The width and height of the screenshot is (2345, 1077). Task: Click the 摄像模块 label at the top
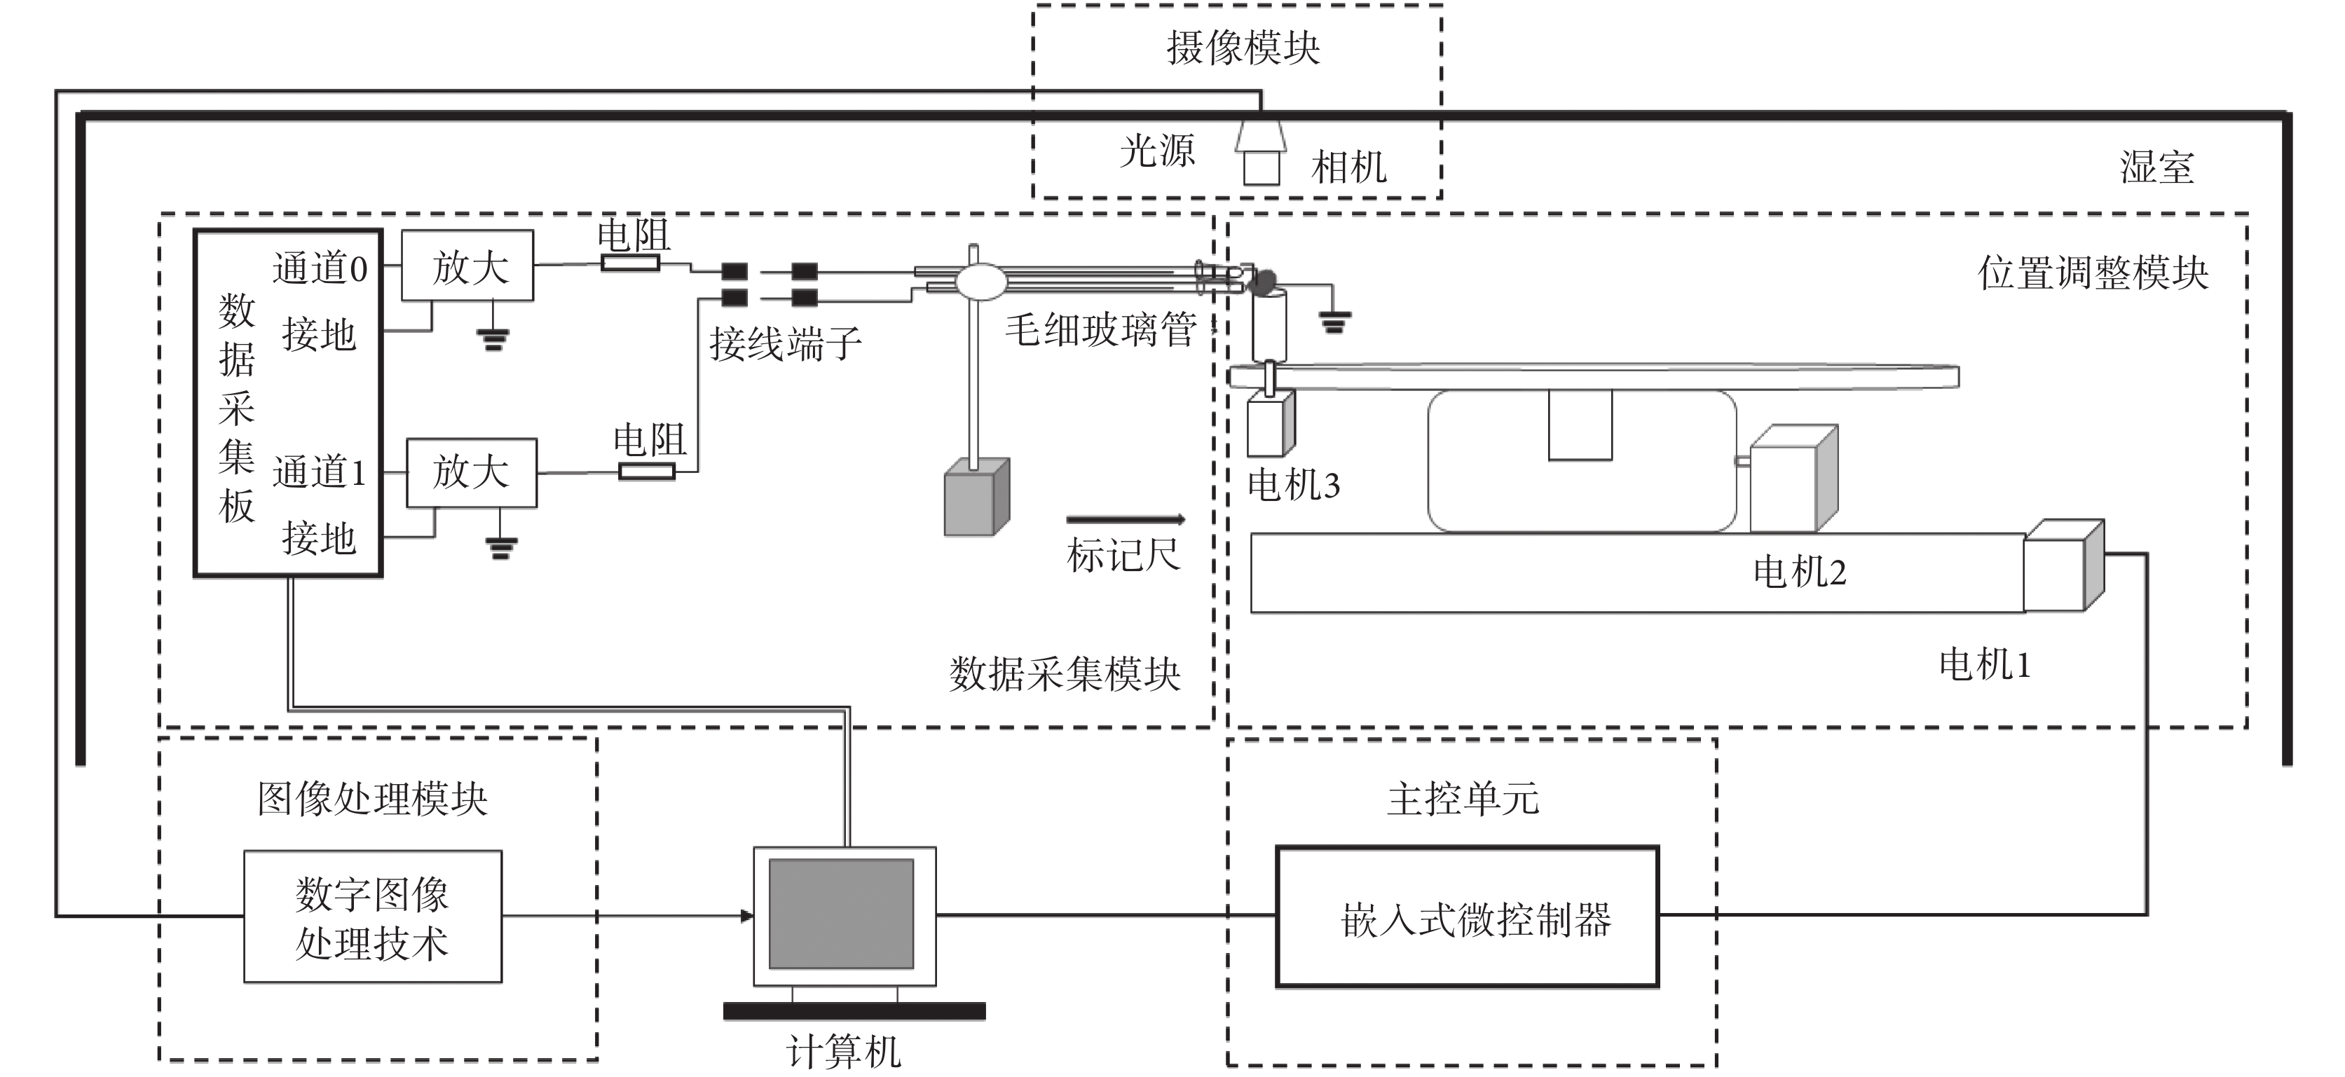click(x=1243, y=48)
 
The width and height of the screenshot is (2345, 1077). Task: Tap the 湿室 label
click(x=2156, y=167)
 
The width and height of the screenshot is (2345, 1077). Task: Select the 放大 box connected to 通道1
click(x=471, y=472)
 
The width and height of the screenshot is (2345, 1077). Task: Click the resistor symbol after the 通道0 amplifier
click(x=630, y=263)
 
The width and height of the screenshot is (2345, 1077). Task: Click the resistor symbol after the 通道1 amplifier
click(x=646, y=471)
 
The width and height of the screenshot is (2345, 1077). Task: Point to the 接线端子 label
click(x=785, y=344)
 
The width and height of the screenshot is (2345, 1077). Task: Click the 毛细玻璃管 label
click(x=1100, y=329)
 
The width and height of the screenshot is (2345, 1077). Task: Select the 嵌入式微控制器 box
click(x=1467, y=917)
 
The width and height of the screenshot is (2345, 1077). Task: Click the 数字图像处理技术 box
click(x=372, y=917)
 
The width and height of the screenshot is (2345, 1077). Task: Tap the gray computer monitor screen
click(x=841, y=913)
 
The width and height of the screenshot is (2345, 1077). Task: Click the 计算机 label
click(x=844, y=1052)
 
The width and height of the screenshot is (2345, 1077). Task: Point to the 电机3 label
click(x=1292, y=485)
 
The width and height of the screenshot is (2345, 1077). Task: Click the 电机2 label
click(x=1799, y=572)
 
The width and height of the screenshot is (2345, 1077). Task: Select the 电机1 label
click(x=1985, y=664)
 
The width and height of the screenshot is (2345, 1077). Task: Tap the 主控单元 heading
click(x=1463, y=798)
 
